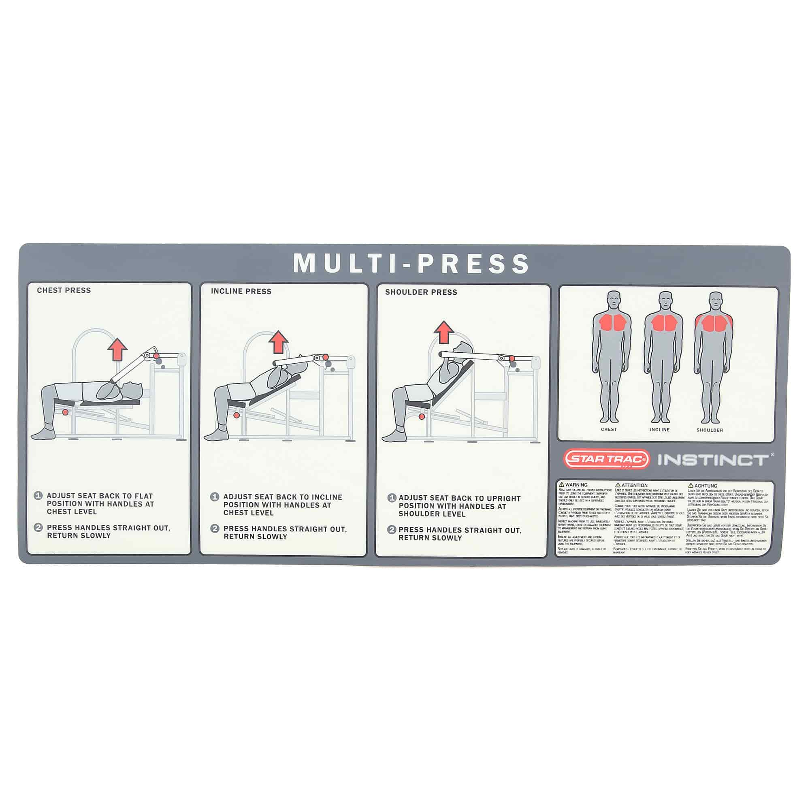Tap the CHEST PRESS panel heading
pos(64,290)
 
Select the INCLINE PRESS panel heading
pos(241,291)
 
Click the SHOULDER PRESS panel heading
pos(421,292)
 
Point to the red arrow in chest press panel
pos(117,349)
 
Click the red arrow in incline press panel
pos(278,342)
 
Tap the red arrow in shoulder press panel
pos(444,332)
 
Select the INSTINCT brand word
pos(713,460)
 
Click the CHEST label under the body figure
pos(609,429)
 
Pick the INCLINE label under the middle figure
pos(659,430)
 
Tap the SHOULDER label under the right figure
pos(710,430)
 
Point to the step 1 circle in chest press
pos(38,496)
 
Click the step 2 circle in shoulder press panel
pos(392,529)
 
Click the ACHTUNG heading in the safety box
pos(706,486)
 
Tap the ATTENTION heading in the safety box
pos(634,485)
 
